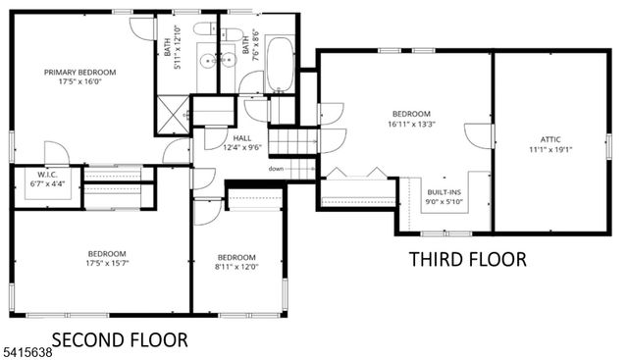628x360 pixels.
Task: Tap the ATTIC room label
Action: [550, 139]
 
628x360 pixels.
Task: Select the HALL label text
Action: [242, 137]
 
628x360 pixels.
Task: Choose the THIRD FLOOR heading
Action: [467, 259]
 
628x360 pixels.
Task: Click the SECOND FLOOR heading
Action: [119, 340]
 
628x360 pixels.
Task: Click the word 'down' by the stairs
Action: [277, 168]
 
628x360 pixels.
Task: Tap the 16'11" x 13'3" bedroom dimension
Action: [411, 124]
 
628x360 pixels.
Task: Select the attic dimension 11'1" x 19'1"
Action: [550, 150]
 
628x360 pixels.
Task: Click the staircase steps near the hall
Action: [291, 143]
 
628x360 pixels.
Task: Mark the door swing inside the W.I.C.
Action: [55, 155]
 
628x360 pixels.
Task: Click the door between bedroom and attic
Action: [480, 135]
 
